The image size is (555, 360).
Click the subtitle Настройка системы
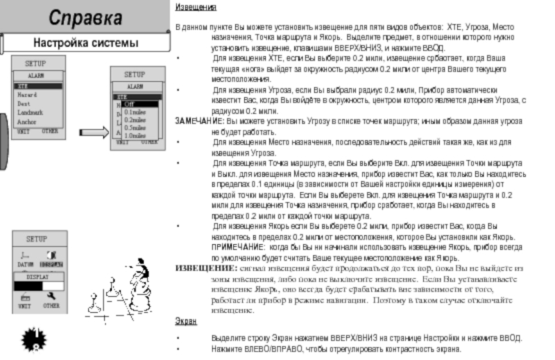coord(86,44)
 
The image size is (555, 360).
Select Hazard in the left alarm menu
coord(28,94)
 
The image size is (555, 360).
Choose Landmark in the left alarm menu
coord(31,112)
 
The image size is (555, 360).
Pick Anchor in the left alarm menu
coord(27,122)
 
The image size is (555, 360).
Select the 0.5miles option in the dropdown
coord(135,128)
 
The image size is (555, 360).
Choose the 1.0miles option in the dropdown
coord(135,136)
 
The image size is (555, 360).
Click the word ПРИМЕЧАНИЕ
coord(237,246)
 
